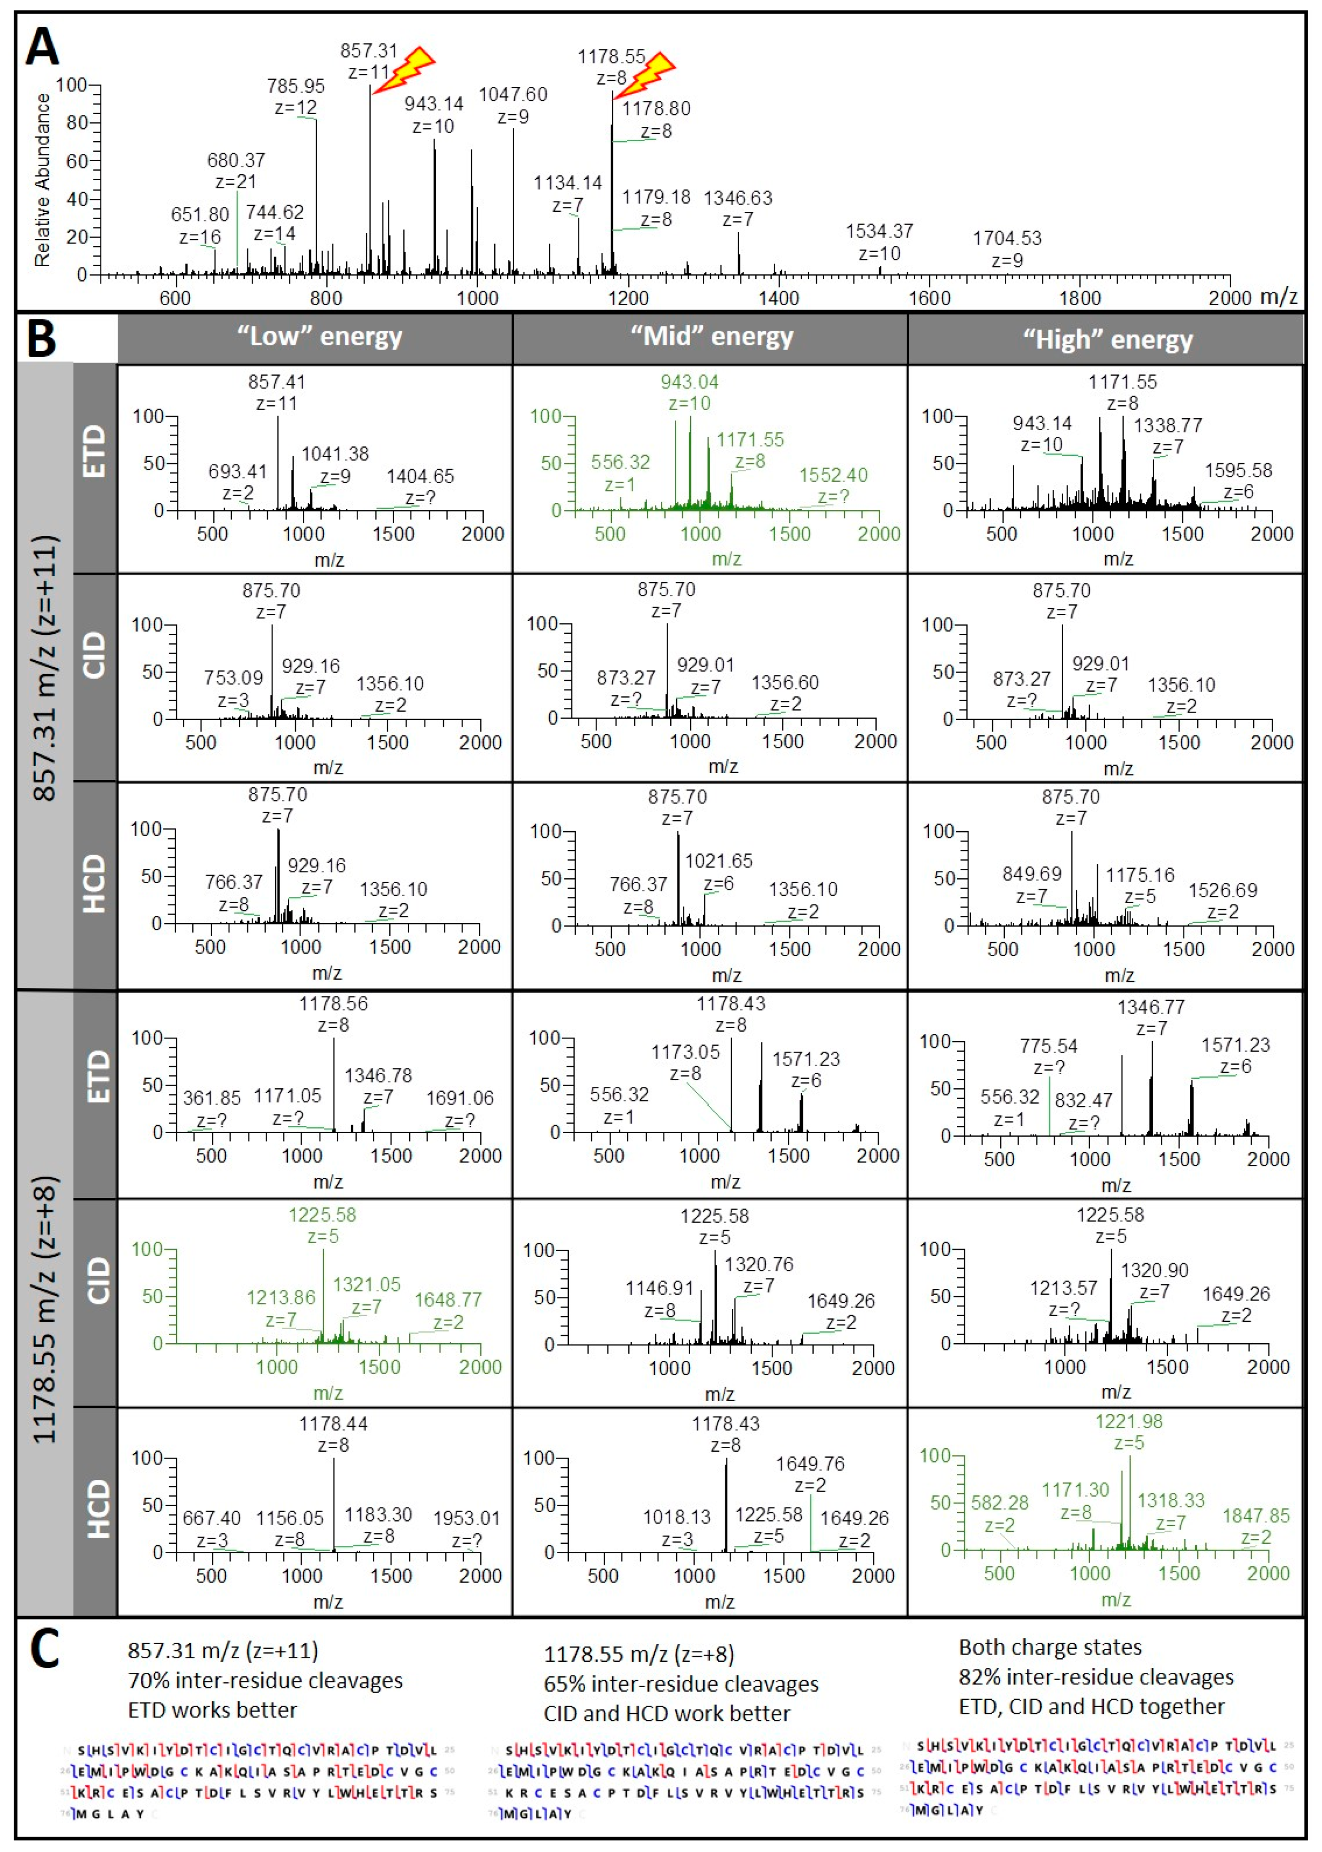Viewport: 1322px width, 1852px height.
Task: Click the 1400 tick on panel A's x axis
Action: click(x=778, y=298)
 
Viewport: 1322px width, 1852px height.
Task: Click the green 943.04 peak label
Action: click(x=689, y=382)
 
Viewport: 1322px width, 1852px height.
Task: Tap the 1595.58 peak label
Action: click(x=1238, y=470)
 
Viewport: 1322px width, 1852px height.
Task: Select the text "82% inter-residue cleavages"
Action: click(x=1096, y=1677)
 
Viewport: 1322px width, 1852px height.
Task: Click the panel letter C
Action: click(x=45, y=1646)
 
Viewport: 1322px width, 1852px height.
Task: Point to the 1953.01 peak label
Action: click(x=466, y=1518)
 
